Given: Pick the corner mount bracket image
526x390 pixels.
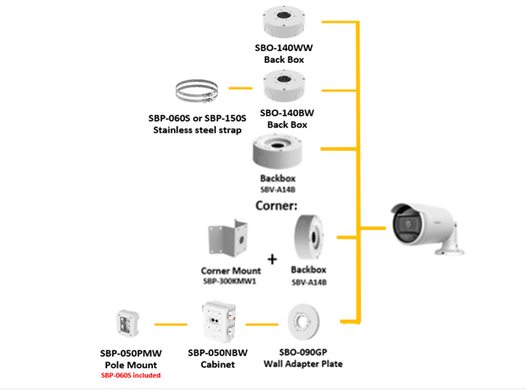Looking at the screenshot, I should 228,238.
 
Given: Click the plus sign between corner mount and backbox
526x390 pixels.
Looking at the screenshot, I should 272,259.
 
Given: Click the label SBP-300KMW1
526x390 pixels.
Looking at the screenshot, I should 231,281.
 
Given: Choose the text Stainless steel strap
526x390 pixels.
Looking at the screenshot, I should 197,130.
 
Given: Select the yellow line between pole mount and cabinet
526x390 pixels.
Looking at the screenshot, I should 170,325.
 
